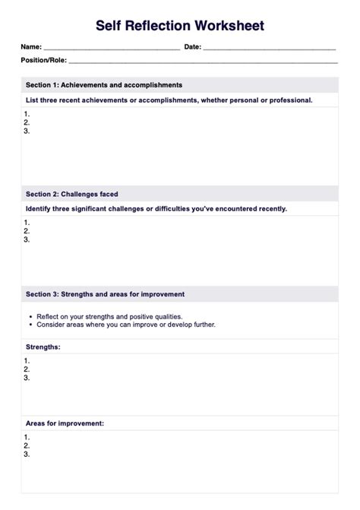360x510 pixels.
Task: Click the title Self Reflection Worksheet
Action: coord(180,26)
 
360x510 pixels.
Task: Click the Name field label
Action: coord(31,47)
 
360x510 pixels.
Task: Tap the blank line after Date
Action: coord(270,48)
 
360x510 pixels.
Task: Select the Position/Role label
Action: coord(44,60)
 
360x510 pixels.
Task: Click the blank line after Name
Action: coord(112,48)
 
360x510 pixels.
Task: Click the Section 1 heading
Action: coord(103,85)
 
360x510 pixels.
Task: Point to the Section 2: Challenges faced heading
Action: coord(71,195)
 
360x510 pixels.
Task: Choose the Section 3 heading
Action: coord(105,294)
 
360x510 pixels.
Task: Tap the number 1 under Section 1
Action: coord(27,112)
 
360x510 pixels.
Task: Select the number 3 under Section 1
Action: coord(27,131)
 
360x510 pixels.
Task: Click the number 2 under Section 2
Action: coord(27,230)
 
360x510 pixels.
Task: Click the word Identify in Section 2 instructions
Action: coord(40,208)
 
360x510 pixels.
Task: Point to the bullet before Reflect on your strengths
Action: coord(30,316)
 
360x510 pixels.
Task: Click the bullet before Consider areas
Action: coord(30,325)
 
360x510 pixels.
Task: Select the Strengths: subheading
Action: coord(43,347)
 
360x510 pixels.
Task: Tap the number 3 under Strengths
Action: coord(27,378)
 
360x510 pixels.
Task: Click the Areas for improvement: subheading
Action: coord(65,423)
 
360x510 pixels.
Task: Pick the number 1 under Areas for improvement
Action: coord(27,437)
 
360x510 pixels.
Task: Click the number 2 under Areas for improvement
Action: coord(27,446)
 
